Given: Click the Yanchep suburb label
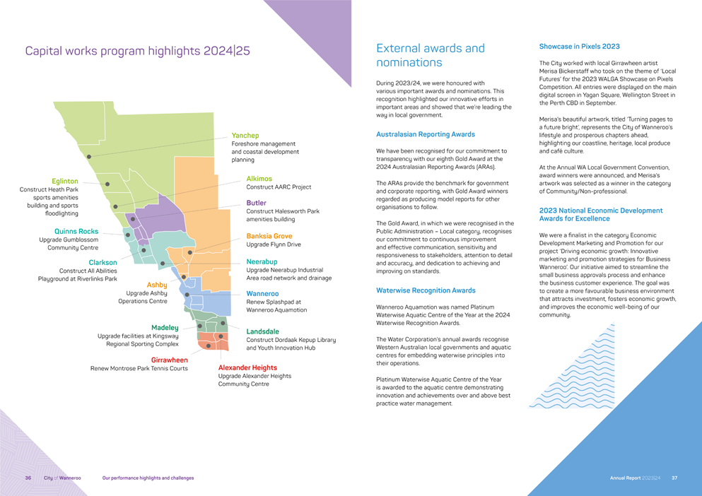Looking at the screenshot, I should (245, 135).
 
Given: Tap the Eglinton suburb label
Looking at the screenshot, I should (65, 182).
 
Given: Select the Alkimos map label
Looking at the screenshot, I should (259, 179).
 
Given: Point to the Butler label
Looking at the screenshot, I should (256, 203).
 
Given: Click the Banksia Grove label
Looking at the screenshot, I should (269, 236).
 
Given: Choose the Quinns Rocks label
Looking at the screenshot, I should (76, 231).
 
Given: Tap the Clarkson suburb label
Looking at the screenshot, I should (103, 262).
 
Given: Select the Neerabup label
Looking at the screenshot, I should (262, 261).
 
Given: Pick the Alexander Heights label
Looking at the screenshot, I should (247, 367).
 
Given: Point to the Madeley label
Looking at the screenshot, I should (165, 328).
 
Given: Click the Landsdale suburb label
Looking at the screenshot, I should (262, 331).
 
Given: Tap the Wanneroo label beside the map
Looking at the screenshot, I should (262, 293).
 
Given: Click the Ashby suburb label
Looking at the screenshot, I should (156, 285).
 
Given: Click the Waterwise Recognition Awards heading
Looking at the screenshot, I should (426, 290).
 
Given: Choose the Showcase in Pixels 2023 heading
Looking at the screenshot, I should (579, 47).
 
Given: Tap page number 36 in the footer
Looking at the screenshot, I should (28, 478).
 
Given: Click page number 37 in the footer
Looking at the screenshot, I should (674, 478).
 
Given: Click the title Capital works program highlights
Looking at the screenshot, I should (137, 51).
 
